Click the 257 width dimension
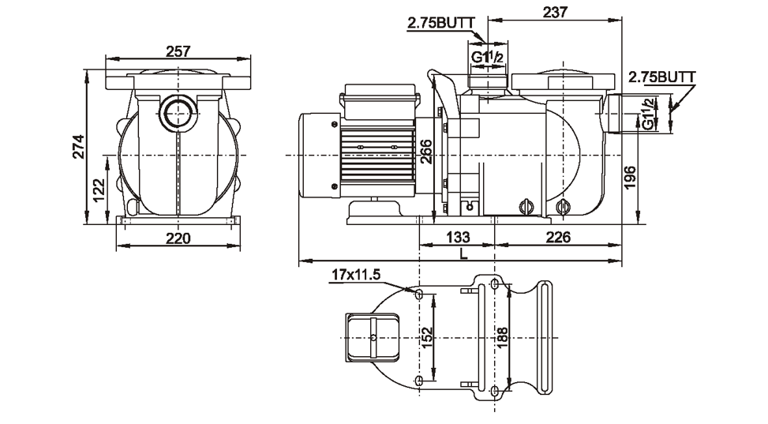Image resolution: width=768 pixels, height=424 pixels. click(x=178, y=52)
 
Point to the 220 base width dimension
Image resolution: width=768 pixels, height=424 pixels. click(x=178, y=238)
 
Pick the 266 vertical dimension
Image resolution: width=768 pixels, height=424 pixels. click(x=425, y=151)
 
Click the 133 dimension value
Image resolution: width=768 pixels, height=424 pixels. click(x=458, y=237)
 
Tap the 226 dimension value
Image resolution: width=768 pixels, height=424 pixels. click(x=558, y=237)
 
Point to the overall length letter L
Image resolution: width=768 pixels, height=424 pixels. click(x=463, y=253)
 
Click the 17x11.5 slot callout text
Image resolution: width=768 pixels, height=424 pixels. click(x=356, y=275)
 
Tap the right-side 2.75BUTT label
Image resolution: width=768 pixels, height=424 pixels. click(x=661, y=77)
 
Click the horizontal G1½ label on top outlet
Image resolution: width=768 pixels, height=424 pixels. click(x=489, y=58)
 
